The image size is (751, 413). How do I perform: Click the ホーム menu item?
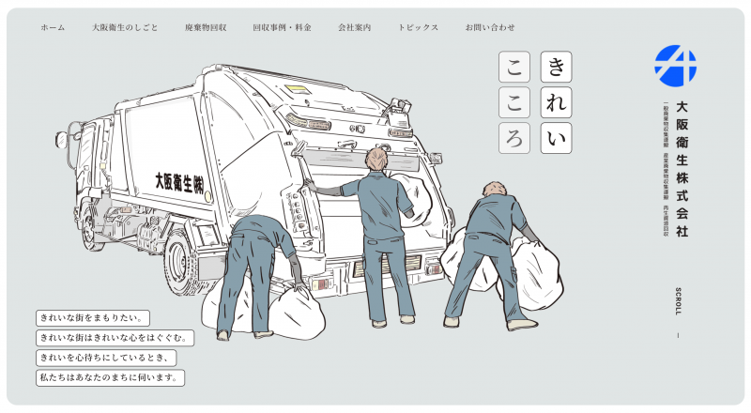[x=53, y=28]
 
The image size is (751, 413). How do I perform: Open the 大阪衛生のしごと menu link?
[x=125, y=28]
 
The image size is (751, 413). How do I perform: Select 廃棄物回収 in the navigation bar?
[x=206, y=28]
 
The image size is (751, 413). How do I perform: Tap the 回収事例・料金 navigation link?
[x=283, y=28]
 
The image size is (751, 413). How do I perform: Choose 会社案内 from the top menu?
[x=355, y=28]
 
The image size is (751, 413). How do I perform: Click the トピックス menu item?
[x=418, y=28]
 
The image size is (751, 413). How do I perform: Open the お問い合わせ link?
[x=490, y=28]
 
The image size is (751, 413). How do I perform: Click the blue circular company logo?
[x=675, y=66]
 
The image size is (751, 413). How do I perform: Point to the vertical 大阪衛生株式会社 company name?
[x=682, y=169]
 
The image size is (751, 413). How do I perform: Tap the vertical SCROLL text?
[x=678, y=301]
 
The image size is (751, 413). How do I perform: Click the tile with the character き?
[x=557, y=67]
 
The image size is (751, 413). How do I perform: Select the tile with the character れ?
[x=557, y=102]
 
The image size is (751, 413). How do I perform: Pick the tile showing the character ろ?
[x=513, y=138]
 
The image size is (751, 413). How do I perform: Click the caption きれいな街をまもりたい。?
[x=93, y=318]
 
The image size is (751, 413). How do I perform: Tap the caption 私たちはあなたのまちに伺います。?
[x=110, y=377]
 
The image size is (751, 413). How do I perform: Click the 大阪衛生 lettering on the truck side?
[x=179, y=183]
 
